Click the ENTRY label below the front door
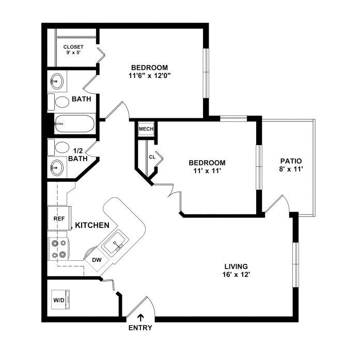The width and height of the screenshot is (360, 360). (140, 328)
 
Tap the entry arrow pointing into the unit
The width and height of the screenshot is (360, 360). (140, 319)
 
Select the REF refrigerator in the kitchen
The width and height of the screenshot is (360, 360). (59, 218)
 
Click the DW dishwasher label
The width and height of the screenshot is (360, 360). (97, 260)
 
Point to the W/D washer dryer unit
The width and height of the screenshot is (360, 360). (60, 300)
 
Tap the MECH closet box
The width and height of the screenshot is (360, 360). (146, 129)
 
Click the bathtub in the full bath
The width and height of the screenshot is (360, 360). (74, 123)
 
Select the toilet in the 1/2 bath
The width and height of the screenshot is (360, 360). (58, 147)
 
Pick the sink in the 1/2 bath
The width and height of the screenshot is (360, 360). (57, 167)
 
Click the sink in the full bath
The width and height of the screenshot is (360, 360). (57, 81)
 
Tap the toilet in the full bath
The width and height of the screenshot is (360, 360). (58, 102)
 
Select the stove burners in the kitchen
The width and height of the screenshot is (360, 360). (58, 249)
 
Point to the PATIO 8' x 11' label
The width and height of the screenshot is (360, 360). (291, 165)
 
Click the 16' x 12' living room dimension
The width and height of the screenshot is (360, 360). (236, 275)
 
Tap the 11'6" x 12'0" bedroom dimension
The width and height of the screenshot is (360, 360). (149, 75)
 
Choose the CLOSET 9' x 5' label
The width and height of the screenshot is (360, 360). (73, 50)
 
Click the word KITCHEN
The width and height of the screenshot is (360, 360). (92, 225)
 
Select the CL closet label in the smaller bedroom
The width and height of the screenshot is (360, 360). (152, 157)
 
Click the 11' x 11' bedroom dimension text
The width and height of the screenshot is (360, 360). (207, 171)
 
